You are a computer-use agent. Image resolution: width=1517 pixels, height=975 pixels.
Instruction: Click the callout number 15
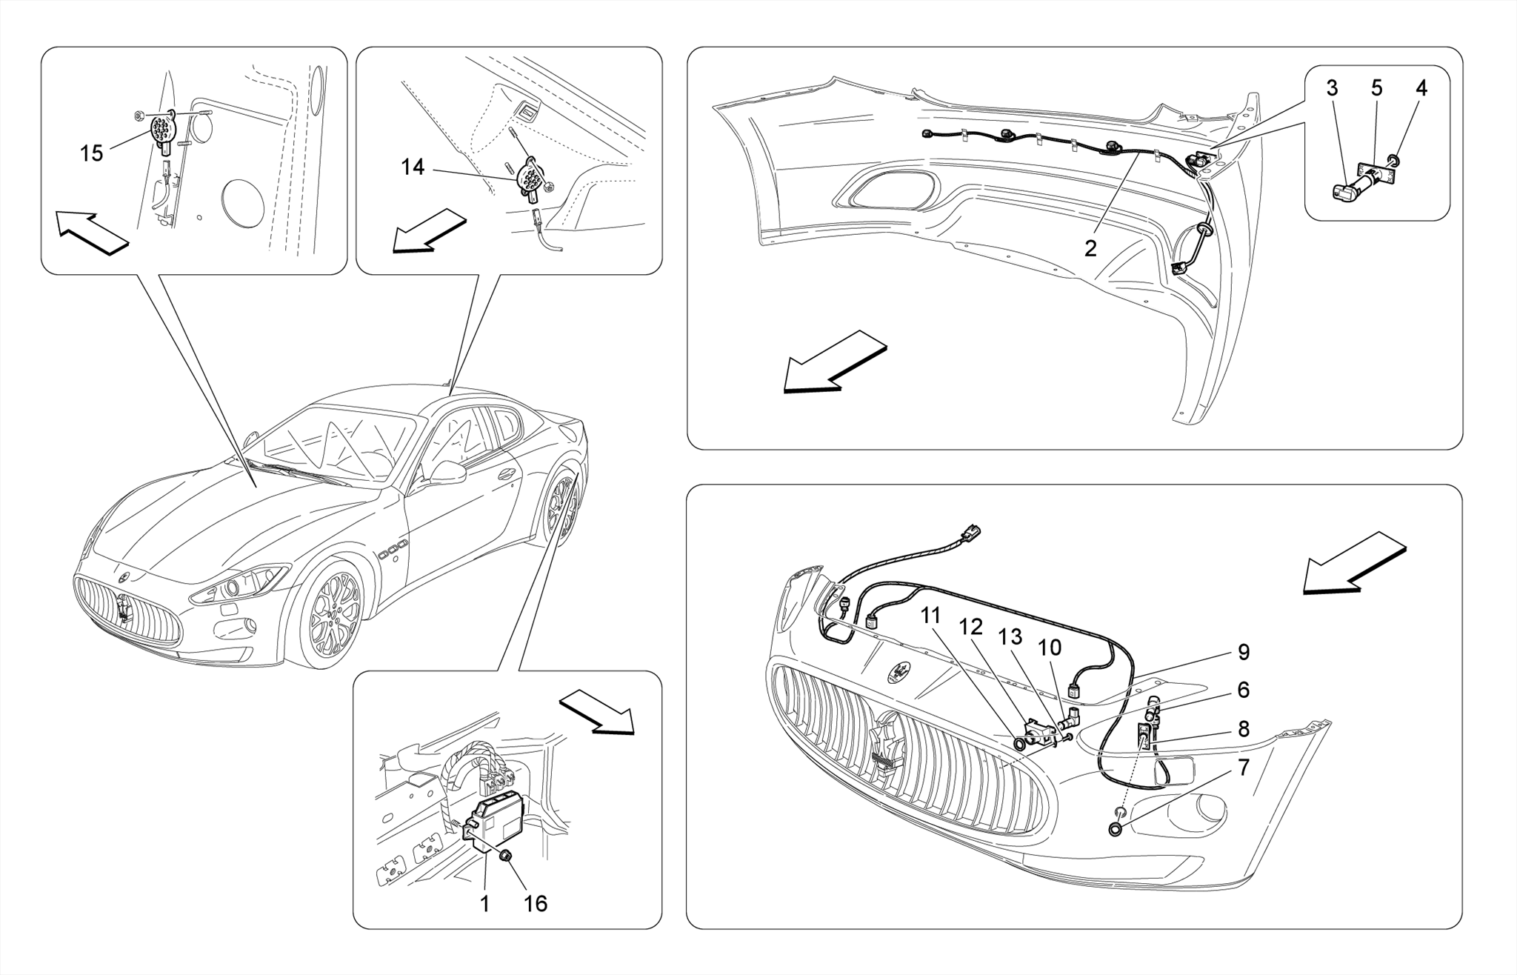tap(91, 154)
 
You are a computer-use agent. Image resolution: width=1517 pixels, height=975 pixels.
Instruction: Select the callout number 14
tap(413, 168)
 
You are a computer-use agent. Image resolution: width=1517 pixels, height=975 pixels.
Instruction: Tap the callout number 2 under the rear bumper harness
tap(1090, 249)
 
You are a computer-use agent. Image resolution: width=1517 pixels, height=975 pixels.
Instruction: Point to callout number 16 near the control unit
tap(535, 904)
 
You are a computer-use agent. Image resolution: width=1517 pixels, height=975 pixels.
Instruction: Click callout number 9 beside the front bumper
tap(1244, 652)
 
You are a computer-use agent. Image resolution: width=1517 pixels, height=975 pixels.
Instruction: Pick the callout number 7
tap(1244, 768)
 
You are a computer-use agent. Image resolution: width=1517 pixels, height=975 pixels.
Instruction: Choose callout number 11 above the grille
tap(931, 616)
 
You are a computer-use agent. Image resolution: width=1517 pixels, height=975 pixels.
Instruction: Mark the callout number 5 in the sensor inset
tap(1376, 88)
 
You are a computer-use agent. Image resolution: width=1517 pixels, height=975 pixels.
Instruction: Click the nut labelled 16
tap(505, 856)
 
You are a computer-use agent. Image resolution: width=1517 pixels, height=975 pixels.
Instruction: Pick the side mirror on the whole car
tap(447, 472)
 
